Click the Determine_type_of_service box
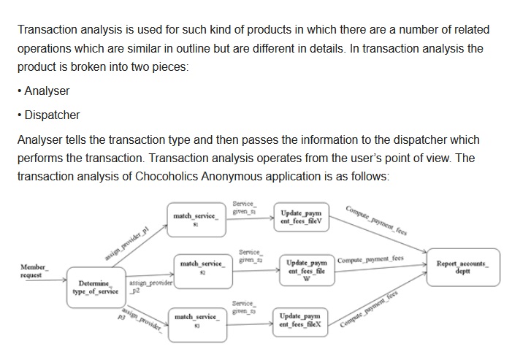coord(97,287)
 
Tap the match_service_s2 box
coord(200,266)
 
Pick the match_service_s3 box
coord(195,321)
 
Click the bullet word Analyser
coord(47,91)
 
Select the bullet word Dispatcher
coord(52,115)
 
